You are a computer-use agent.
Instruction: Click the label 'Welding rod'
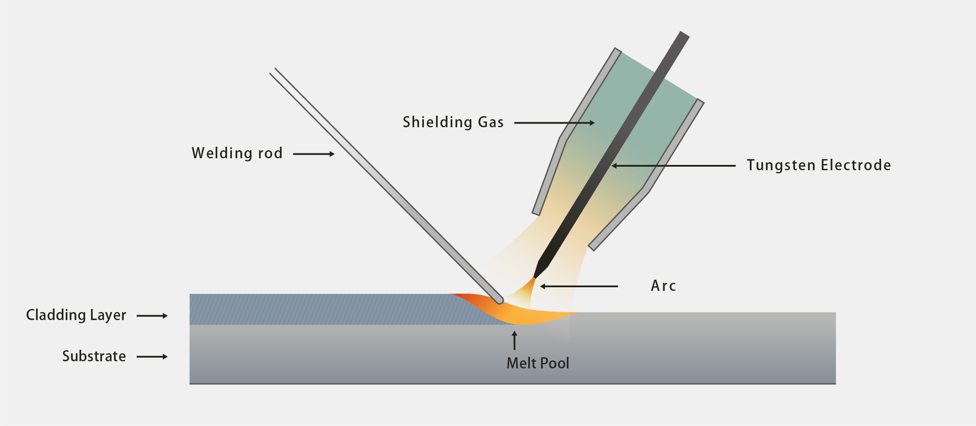tap(237, 153)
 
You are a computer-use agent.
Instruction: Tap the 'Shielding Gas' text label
tap(453, 122)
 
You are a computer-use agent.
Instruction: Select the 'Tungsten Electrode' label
tap(819, 165)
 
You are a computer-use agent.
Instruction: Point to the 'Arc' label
tap(663, 286)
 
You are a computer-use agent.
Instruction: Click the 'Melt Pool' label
tap(537, 363)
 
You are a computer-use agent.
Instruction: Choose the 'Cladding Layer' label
tap(76, 315)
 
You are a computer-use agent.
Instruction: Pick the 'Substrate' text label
tap(94, 356)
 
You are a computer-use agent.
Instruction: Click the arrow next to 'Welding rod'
tap(314, 154)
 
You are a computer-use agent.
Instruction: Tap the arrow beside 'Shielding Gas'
tap(554, 123)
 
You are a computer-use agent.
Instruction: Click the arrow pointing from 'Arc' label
tap(579, 286)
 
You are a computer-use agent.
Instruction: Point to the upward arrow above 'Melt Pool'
tap(514, 340)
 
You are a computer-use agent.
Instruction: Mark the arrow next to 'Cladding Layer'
tap(152, 316)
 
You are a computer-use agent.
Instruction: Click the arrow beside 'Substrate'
tap(152, 356)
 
